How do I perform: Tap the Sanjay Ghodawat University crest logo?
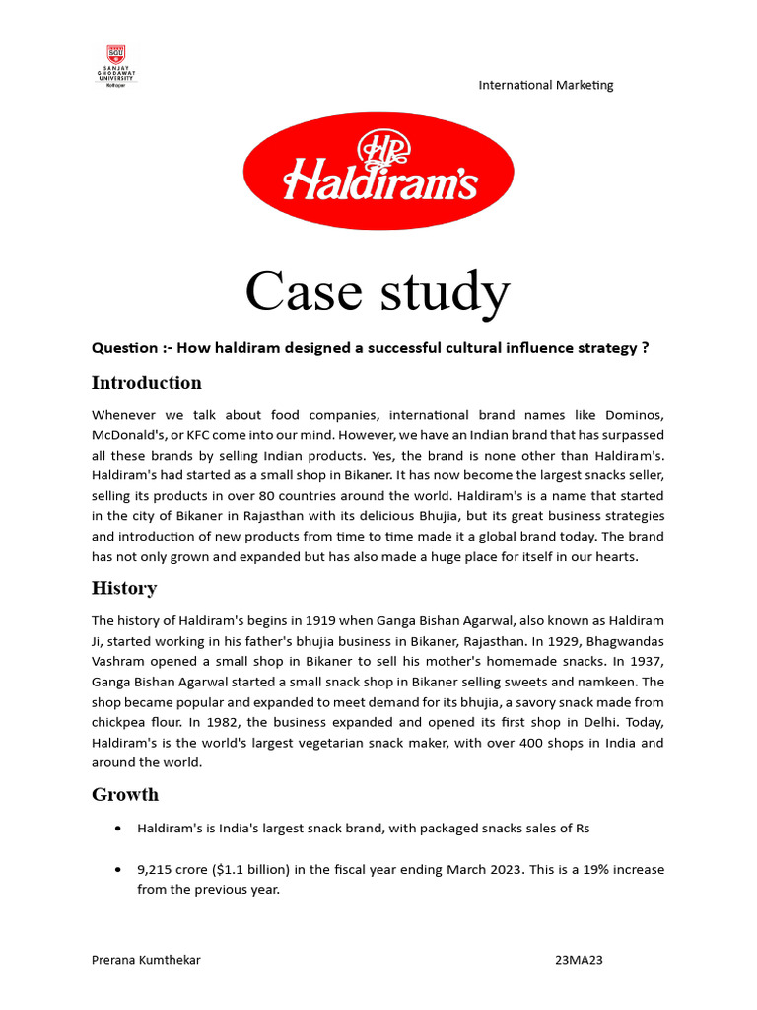tap(116, 65)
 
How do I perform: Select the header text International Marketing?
tap(545, 85)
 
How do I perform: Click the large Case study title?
tap(378, 292)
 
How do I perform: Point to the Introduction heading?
tap(147, 383)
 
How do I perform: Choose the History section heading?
tap(124, 589)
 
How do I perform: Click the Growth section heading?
tap(125, 795)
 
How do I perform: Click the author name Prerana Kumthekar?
tap(146, 960)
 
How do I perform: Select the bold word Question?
tap(125, 348)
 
